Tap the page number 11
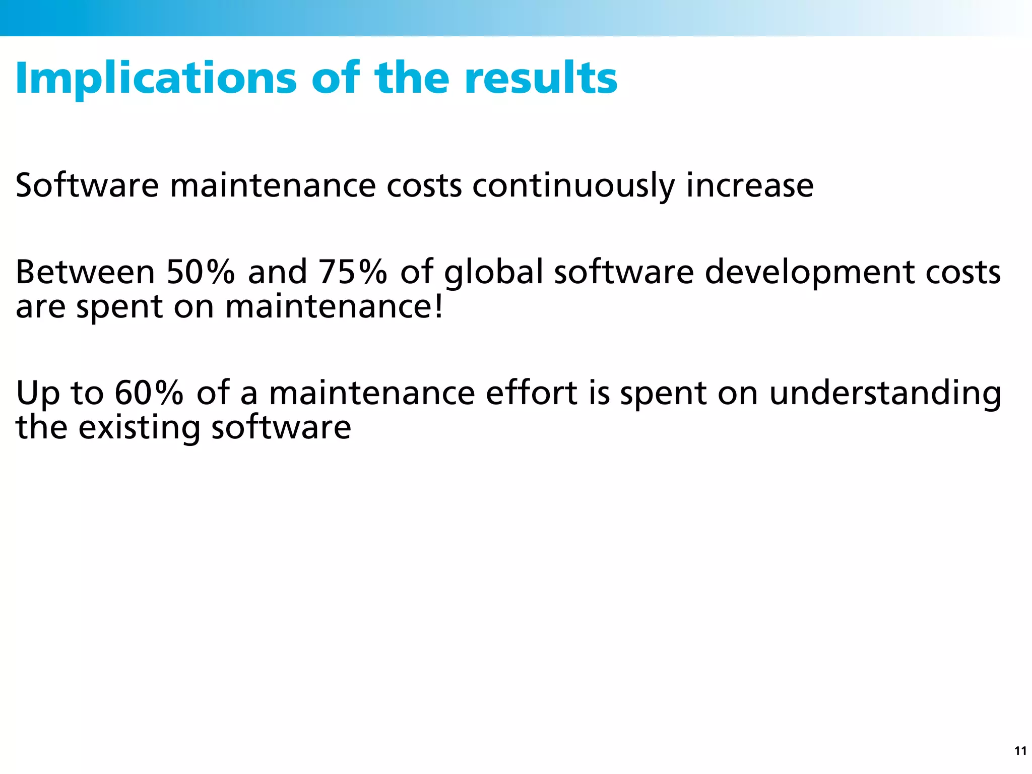click(x=1020, y=751)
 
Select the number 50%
click(x=201, y=272)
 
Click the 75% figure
click(x=353, y=272)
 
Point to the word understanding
click(x=885, y=393)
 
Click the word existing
click(x=139, y=427)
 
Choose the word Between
click(x=85, y=272)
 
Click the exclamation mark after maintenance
click(x=439, y=306)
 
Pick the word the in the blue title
click(x=411, y=78)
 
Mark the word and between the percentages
click(x=277, y=272)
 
